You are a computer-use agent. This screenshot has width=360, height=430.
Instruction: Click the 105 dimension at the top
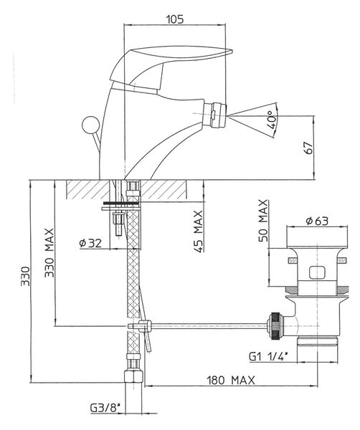click(x=175, y=19)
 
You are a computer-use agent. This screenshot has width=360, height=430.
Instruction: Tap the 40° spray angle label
click(x=271, y=120)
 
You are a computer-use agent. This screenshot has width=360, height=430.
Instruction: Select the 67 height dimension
click(x=309, y=148)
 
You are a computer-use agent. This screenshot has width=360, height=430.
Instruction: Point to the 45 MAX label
click(x=199, y=231)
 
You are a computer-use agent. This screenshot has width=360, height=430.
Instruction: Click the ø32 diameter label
click(x=90, y=243)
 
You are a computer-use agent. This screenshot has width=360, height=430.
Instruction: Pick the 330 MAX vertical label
click(x=49, y=252)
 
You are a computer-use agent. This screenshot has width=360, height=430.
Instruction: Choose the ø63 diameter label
click(x=317, y=221)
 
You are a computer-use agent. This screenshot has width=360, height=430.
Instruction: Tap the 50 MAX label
click(x=263, y=221)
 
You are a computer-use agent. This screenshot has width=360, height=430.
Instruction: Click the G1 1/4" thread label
click(x=268, y=356)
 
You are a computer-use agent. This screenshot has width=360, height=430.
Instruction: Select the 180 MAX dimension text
click(x=231, y=381)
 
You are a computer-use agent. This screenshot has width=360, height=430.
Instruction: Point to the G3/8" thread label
click(x=105, y=408)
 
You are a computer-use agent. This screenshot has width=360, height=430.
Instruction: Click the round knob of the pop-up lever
click(x=90, y=125)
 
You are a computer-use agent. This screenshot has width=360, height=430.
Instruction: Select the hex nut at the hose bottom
click(x=133, y=376)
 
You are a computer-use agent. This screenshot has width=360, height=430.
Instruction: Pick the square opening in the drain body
click(x=317, y=272)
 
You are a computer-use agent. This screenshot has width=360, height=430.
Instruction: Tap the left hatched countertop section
click(x=88, y=189)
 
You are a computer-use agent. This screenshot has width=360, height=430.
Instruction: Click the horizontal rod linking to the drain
click(x=209, y=325)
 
